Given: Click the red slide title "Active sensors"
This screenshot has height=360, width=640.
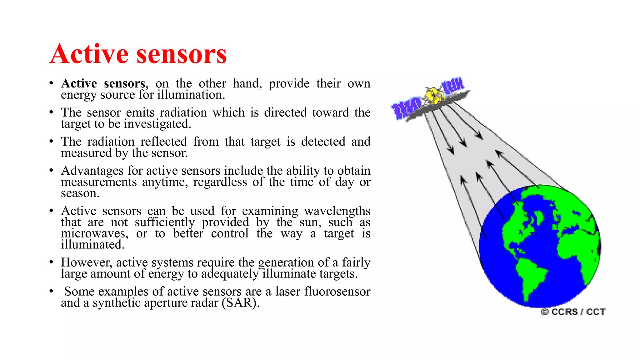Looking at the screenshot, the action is click(138, 54).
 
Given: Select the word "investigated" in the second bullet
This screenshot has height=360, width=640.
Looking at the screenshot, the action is click(156, 124).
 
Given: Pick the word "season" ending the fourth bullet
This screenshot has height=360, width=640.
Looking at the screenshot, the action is click(80, 193).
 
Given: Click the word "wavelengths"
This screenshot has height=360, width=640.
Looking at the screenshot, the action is click(337, 211).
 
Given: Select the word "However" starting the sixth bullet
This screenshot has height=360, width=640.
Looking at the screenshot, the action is click(86, 262).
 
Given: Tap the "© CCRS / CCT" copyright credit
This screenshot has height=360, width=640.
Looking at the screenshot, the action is click(573, 312).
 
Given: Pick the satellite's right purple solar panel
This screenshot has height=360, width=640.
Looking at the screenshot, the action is click(453, 85).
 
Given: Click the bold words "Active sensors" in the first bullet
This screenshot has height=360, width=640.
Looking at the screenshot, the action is click(103, 84).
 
